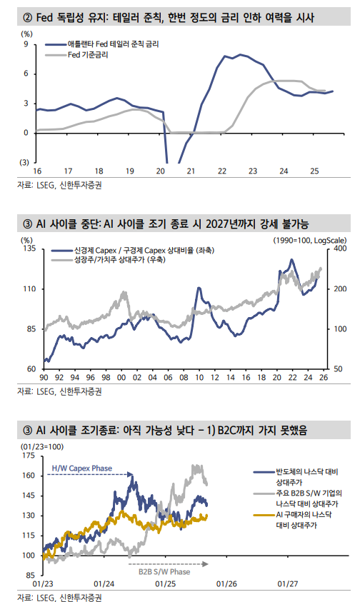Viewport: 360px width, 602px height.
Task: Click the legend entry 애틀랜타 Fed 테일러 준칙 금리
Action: point(113,44)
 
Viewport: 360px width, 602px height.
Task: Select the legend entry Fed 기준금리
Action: point(86,54)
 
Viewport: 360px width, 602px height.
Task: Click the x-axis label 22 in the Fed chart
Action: point(222,172)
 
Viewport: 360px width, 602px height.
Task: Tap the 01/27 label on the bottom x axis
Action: point(288,583)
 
